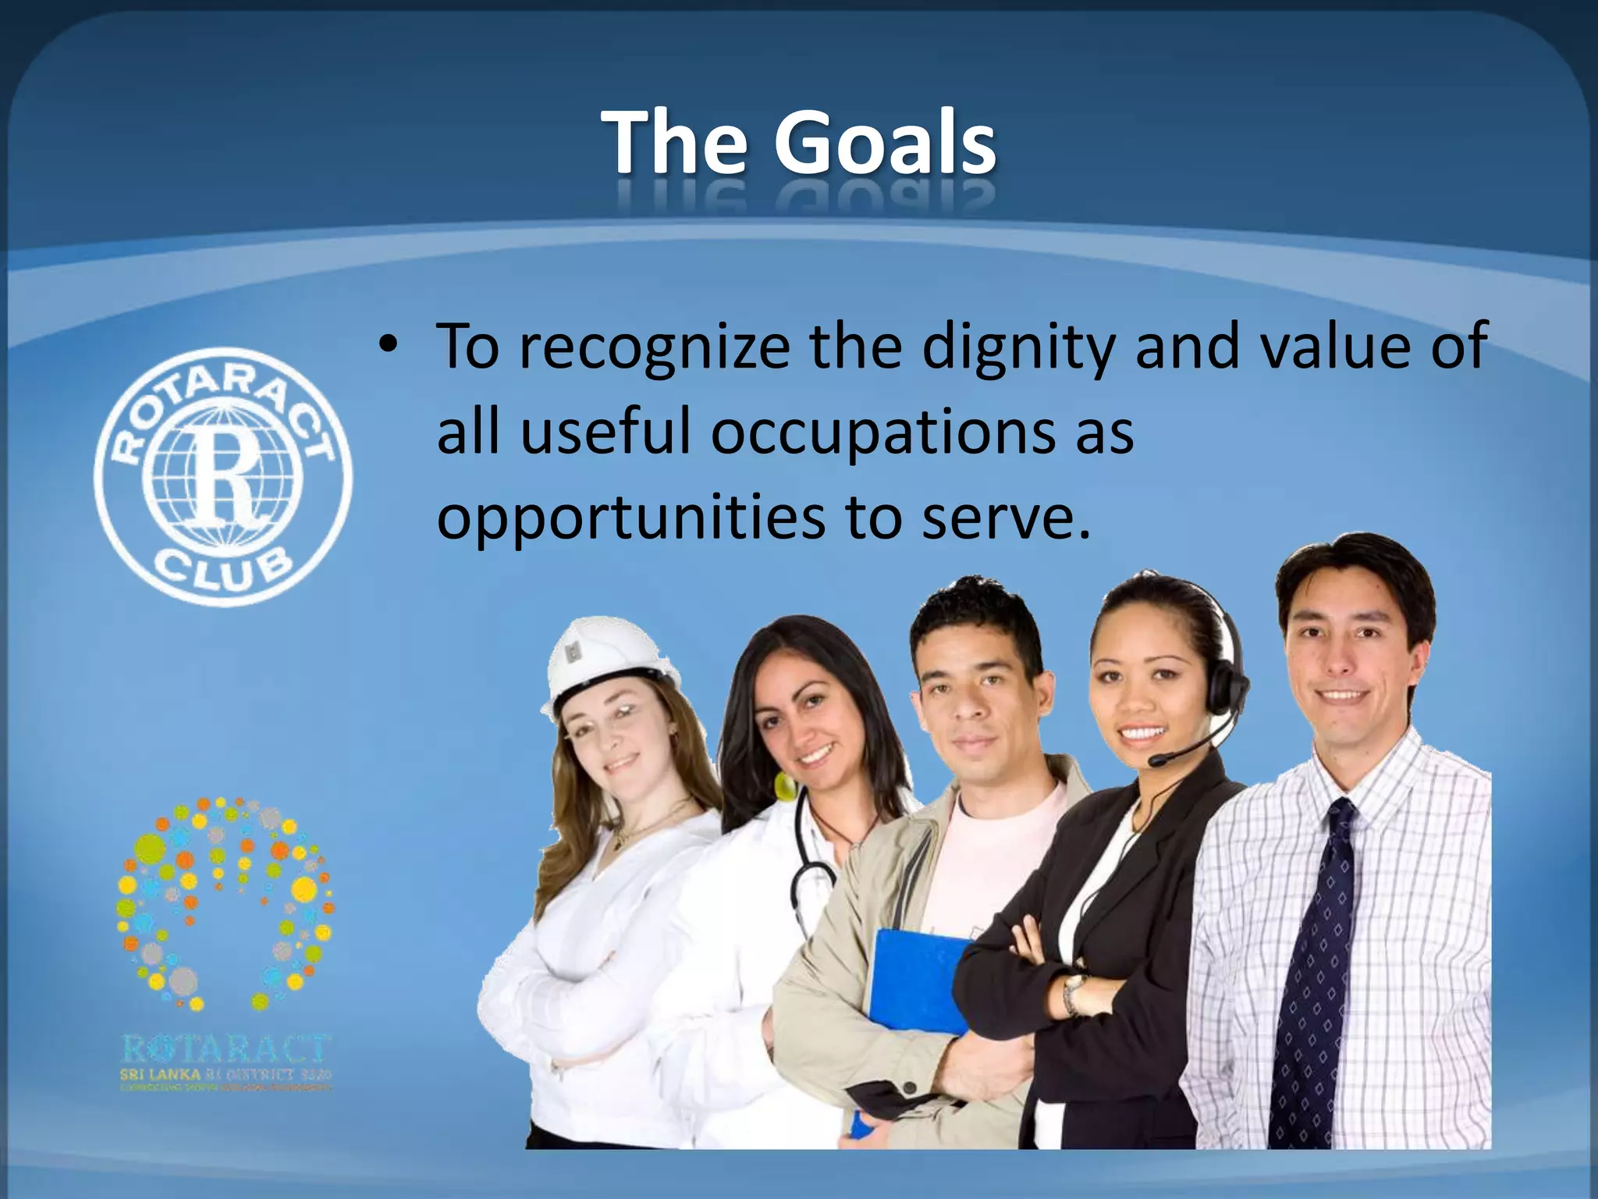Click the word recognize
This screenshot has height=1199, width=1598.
click(x=654, y=347)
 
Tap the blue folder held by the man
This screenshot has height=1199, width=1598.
click(x=918, y=980)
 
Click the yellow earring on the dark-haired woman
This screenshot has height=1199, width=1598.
click(x=783, y=786)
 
